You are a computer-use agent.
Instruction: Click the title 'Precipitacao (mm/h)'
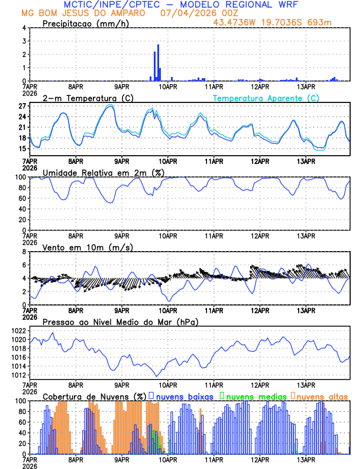point(82,23)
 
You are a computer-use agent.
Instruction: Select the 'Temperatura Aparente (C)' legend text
point(266,98)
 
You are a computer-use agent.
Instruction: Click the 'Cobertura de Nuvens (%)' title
point(95,396)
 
